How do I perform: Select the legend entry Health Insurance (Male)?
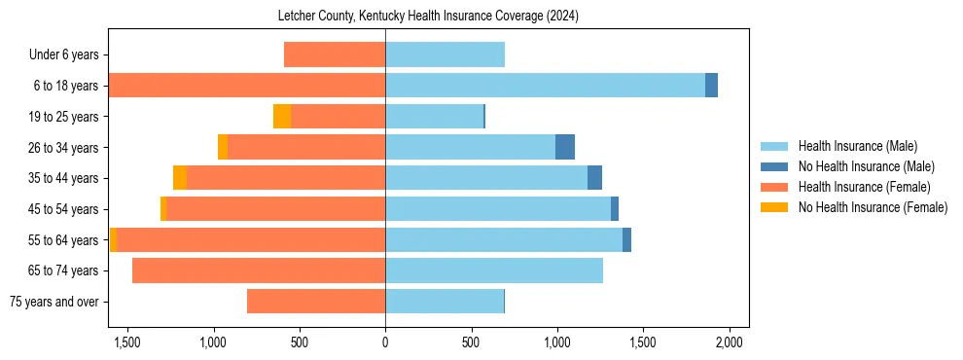(x=857, y=146)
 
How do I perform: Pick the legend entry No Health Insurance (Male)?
(x=866, y=166)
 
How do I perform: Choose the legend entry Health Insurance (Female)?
(x=864, y=187)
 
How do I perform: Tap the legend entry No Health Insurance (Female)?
(x=873, y=207)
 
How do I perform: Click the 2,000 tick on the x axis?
(x=730, y=342)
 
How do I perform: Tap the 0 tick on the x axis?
(x=385, y=342)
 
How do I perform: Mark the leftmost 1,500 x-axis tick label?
(x=128, y=342)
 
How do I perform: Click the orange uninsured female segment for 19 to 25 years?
(x=282, y=117)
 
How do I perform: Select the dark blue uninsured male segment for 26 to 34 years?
(x=565, y=147)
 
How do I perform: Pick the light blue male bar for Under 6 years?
(x=445, y=54)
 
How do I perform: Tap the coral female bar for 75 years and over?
(x=316, y=302)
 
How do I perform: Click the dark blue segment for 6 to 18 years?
(x=711, y=86)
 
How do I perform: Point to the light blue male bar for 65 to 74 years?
(x=494, y=270)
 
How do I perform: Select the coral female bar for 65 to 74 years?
(x=259, y=270)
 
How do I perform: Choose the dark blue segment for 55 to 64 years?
(x=626, y=239)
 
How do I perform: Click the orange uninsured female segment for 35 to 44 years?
(x=180, y=178)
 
